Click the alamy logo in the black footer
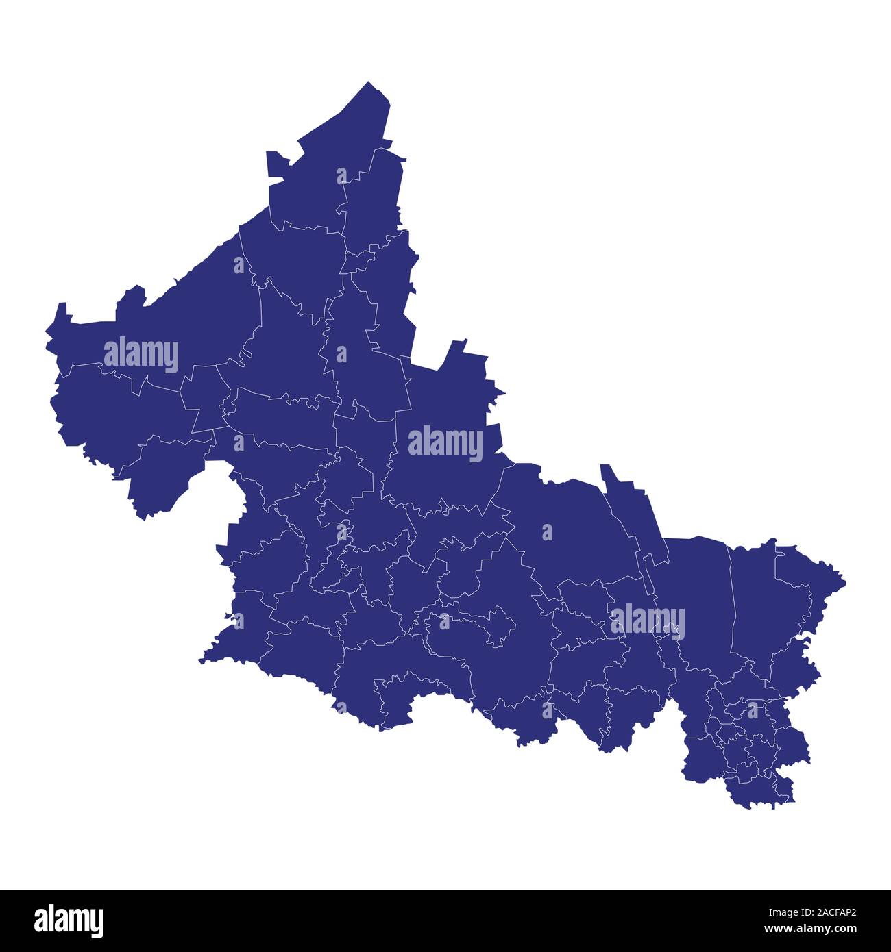(x=69, y=920)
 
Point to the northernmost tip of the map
(x=369, y=82)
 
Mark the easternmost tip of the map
(x=845, y=583)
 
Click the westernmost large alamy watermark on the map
(x=141, y=355)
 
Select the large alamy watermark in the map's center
(x=445, y=443)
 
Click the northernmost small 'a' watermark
(x=341, y=176)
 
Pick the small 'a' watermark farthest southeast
(x=753, y=710)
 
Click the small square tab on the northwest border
(x=277, y=165)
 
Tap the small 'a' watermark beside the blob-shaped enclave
(x=444, y=621)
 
